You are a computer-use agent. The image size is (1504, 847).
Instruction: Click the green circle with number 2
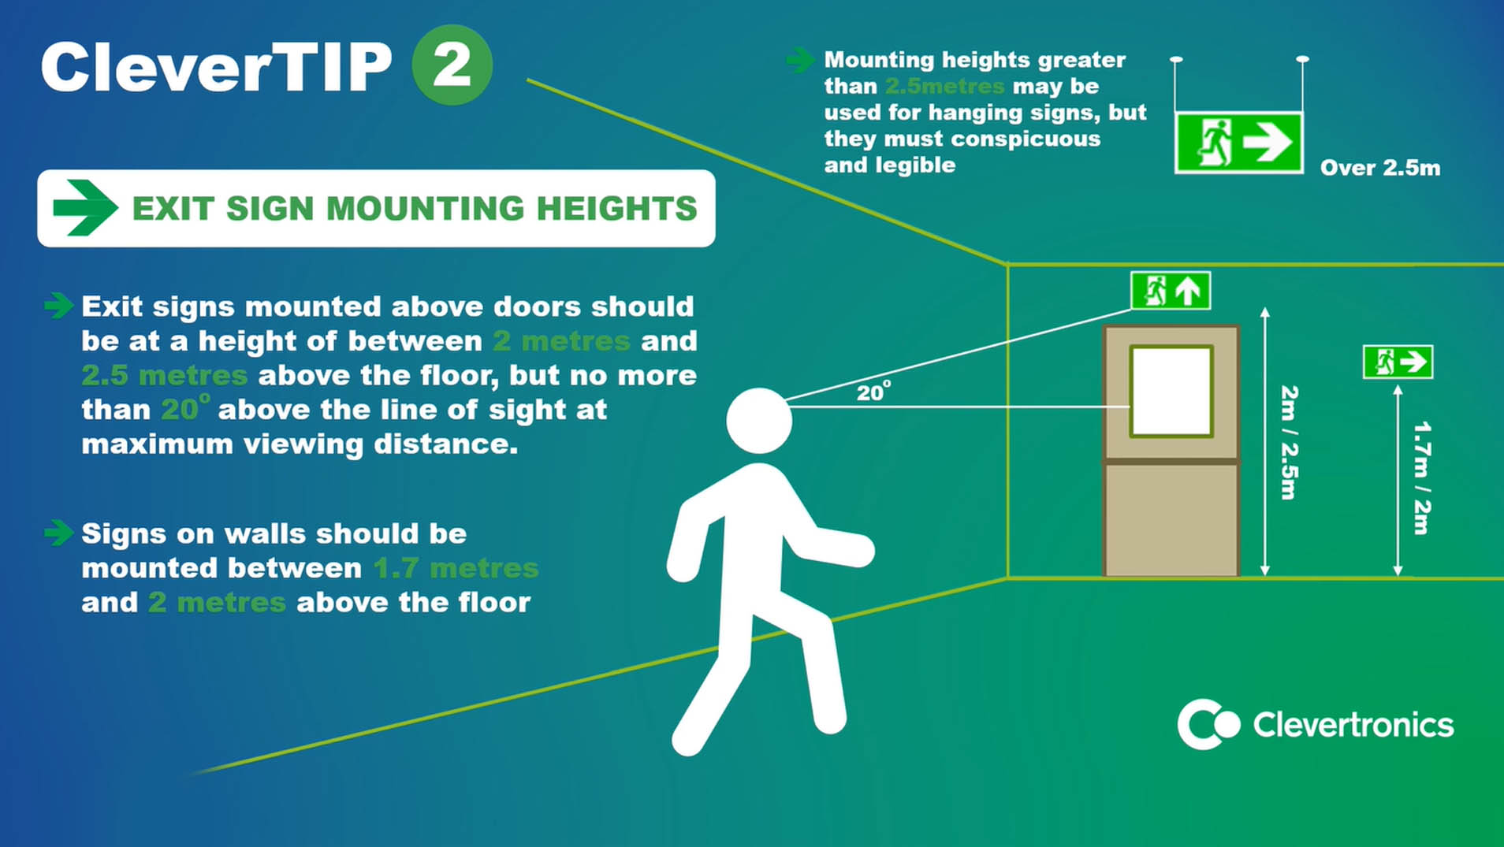[452, 65]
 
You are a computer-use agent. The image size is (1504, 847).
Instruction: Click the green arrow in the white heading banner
[85, 208]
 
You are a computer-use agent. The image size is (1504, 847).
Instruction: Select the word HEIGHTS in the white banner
[617, 209]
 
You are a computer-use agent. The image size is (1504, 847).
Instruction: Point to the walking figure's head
[758, 421]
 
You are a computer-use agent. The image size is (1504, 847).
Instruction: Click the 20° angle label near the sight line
[873, 392]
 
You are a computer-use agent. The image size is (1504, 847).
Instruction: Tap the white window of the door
[1171, 391]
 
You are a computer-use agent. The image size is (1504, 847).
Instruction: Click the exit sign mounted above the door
[1171, 291]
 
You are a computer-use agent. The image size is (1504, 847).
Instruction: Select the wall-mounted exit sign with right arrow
[1398, 362]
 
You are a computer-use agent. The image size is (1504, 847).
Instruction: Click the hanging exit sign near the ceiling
[1238, 143]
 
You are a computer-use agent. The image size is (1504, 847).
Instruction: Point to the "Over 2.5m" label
[1380, 168]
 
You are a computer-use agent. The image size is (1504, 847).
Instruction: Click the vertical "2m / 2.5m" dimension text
[1289, 442]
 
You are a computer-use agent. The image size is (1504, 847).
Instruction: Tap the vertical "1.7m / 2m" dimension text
[1421, 478]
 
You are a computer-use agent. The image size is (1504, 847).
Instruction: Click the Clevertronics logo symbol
[1208, 724]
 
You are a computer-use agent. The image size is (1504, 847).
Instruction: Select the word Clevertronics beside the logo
[1353, 725]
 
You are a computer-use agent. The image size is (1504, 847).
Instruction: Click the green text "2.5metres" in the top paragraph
[945, 86]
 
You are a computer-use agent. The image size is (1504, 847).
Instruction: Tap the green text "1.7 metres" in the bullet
[456, 568]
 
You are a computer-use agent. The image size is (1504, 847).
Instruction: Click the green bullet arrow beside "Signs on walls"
[58, 533]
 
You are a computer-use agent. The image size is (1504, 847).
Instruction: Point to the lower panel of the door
[1171, 518]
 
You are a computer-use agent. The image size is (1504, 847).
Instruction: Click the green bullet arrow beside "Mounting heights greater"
[801, 60]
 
